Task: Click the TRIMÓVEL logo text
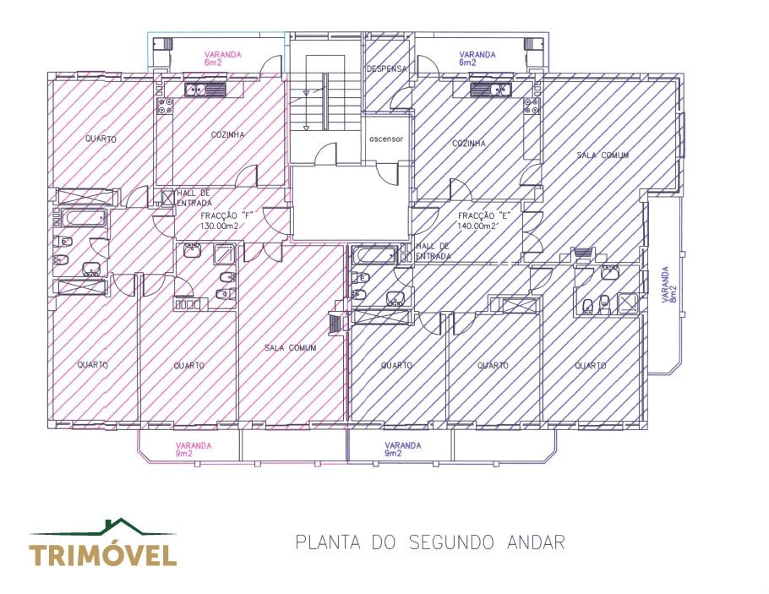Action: [x=102, y=555]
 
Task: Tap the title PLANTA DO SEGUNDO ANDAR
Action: [x=430, y=542]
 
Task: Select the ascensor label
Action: [x=386, y=139]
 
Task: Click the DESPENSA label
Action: [x=387, y=68]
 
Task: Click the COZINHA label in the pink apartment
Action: [x=227, y=134]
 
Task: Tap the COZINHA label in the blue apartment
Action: [x=469, y=144]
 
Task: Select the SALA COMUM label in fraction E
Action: [x=603, y=155]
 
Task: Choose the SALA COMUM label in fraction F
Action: [x=291, y=348]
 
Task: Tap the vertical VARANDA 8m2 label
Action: [x=669, y=285]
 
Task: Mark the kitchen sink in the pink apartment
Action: [x=205, y=90]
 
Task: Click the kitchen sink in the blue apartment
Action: [x=491, y=90]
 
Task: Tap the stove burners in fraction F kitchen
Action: [x=165, y=106]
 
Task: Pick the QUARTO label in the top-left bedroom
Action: [x=101, y=139]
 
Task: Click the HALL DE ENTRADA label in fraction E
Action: [x=433, y=251]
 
